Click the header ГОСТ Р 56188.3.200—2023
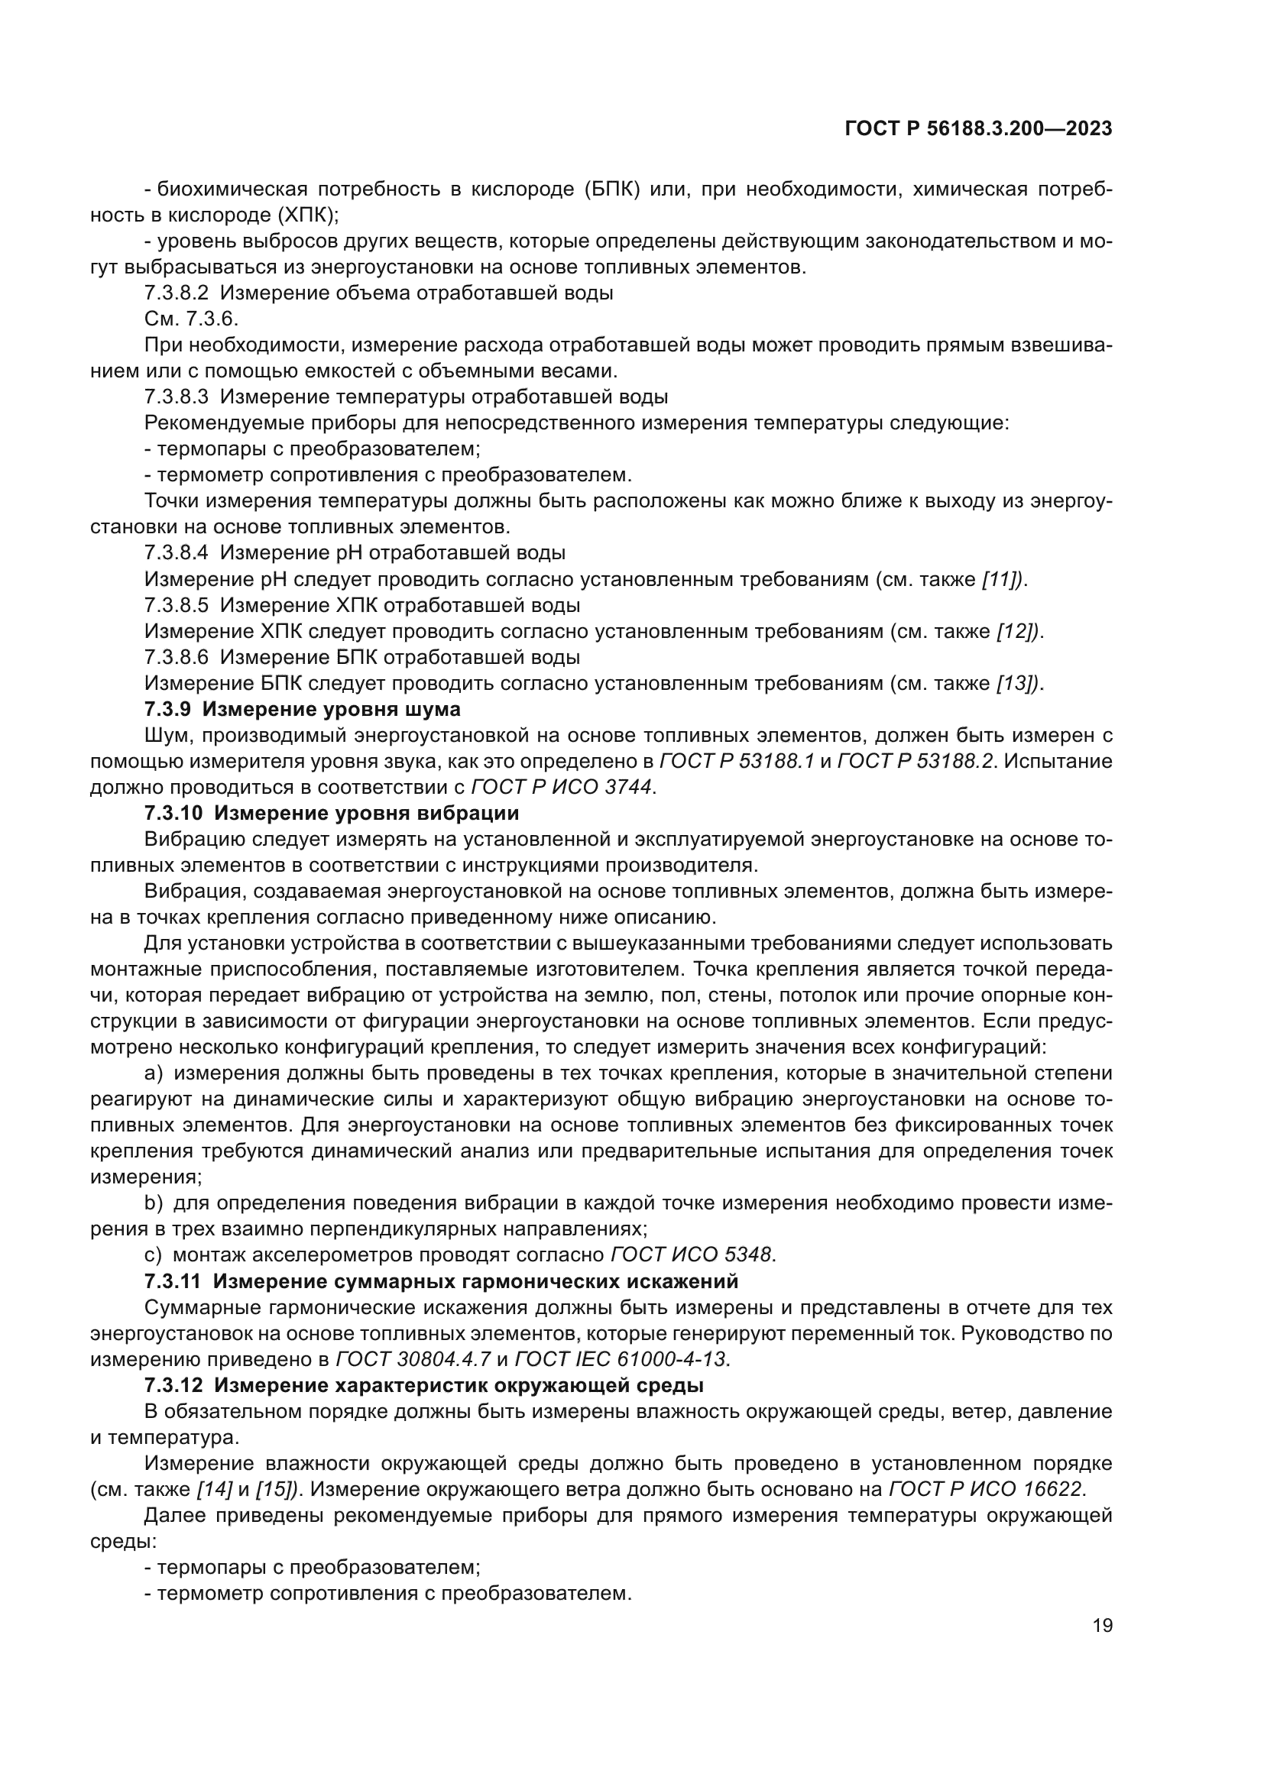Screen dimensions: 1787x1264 pos(978,129)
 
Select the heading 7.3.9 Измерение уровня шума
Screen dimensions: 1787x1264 pos(302,709)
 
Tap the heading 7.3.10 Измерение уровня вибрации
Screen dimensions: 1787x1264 pos(332,814)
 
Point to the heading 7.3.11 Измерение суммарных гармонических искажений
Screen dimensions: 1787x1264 pos(440,1281)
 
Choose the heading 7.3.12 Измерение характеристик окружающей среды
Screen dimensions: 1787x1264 pos(423,1385)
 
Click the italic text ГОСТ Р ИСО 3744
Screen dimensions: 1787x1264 pos(562,787)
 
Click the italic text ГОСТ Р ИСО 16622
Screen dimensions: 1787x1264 pos(984,1489)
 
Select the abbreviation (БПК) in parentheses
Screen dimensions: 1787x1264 pos(611,189)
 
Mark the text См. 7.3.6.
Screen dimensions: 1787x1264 pos(192,319)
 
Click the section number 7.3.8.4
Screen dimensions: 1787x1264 pos(176,552)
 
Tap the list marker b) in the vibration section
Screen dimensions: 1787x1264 pos(154,1203)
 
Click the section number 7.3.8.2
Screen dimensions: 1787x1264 pos(176,293)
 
